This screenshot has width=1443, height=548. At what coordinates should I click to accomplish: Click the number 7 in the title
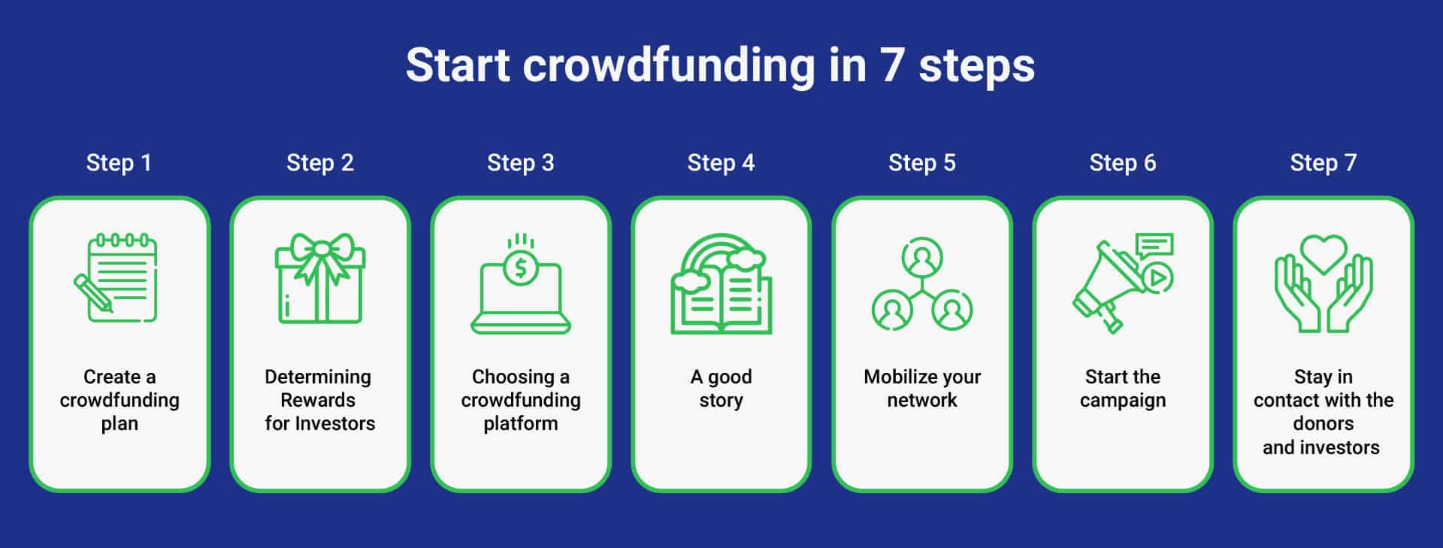tap(891, 65)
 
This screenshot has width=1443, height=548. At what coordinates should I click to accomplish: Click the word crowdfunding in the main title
tap(668, 65)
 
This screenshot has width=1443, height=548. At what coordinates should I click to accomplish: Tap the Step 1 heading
tap(119, 162)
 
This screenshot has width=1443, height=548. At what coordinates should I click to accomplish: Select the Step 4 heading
tap(721, 162)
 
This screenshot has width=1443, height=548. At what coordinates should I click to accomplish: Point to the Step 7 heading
tap(1323, 162)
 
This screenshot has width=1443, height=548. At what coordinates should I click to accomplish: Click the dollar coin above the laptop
tap(520, 268)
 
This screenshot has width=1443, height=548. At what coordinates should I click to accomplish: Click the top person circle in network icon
tap(922, 258)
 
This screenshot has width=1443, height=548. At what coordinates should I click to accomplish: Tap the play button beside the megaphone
tap(1157, 279)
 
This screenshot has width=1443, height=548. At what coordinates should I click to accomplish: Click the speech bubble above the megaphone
tap(1154, 244)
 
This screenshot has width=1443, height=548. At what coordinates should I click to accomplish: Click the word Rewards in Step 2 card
tap(318, 400)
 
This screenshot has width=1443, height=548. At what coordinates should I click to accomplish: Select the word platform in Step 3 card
tap(520, 424)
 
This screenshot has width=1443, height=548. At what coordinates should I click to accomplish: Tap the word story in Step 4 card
tap(721, 400)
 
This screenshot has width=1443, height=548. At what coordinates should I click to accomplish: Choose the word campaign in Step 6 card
tap(1123, 401)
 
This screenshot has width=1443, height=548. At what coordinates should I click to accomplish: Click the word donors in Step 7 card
tap(1323, 423)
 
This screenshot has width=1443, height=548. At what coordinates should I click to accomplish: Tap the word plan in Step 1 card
tap(119, 424)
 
